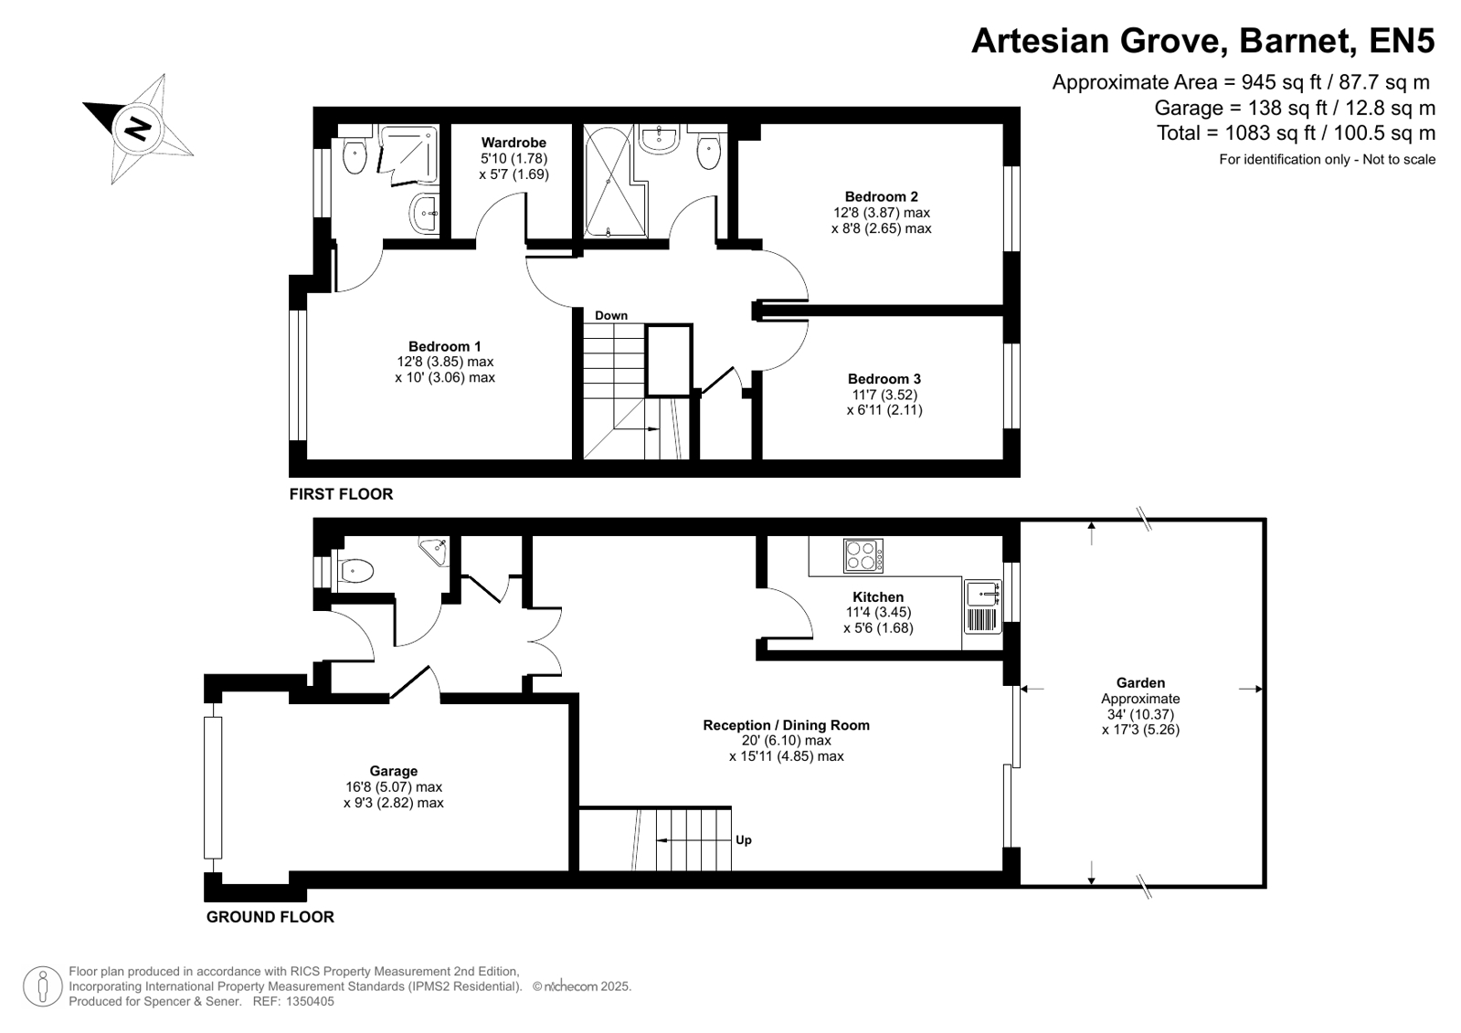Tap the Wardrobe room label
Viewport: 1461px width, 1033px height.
coord(514,142)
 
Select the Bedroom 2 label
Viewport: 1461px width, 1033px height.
coord(881,196)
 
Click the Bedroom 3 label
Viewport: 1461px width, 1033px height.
coord(884,379)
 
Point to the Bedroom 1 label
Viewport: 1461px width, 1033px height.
coord(445,346)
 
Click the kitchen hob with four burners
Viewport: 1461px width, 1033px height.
coord(863,555)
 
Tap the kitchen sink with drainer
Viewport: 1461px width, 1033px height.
coord(983,606)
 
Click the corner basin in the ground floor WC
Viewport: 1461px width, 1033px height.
coord(436,551)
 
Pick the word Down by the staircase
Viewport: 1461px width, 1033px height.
coord(611,316)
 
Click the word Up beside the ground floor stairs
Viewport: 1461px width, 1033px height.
coord(744,840)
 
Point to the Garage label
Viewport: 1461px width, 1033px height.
coord(393,771)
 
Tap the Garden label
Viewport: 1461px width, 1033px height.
coord(1140,683)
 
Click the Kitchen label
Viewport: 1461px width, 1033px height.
coord(878,596)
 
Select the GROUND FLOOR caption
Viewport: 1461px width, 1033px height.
coord(270,917)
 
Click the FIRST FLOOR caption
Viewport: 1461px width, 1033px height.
coord(341,494)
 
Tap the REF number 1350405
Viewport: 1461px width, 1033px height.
coord(310,1001)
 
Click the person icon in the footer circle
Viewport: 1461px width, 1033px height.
coord(43,986)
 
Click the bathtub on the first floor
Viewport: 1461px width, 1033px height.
coord(609,181)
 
